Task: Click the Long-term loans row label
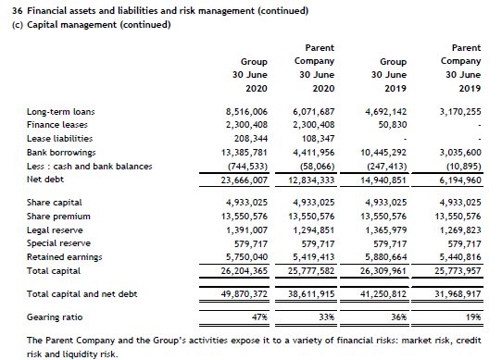[61, 112]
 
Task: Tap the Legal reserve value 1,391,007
[246, 228]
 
